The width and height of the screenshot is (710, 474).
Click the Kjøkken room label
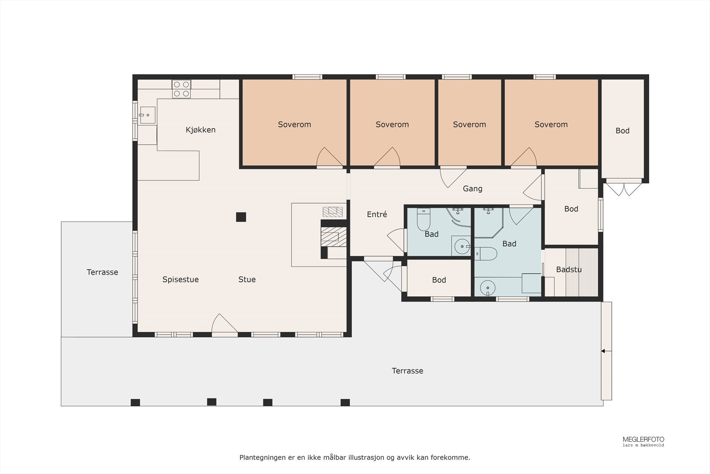201,130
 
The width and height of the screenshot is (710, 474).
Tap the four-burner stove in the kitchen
181,89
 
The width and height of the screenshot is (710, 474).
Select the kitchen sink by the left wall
147,115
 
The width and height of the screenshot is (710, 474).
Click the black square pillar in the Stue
241,217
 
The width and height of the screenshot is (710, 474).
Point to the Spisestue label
180,279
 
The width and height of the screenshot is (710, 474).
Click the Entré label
377,215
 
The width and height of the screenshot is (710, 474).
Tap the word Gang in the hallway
473,189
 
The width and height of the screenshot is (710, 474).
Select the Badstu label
569,270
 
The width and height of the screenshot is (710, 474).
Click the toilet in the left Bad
423,219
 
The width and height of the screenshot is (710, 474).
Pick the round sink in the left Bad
462,246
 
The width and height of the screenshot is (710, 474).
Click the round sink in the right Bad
488,288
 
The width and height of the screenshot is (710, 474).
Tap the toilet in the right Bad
485,254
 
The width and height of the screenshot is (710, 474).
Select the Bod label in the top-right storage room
623,131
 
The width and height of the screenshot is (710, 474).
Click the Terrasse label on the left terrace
103,272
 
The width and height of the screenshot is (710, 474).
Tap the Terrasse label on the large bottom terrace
407,371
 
